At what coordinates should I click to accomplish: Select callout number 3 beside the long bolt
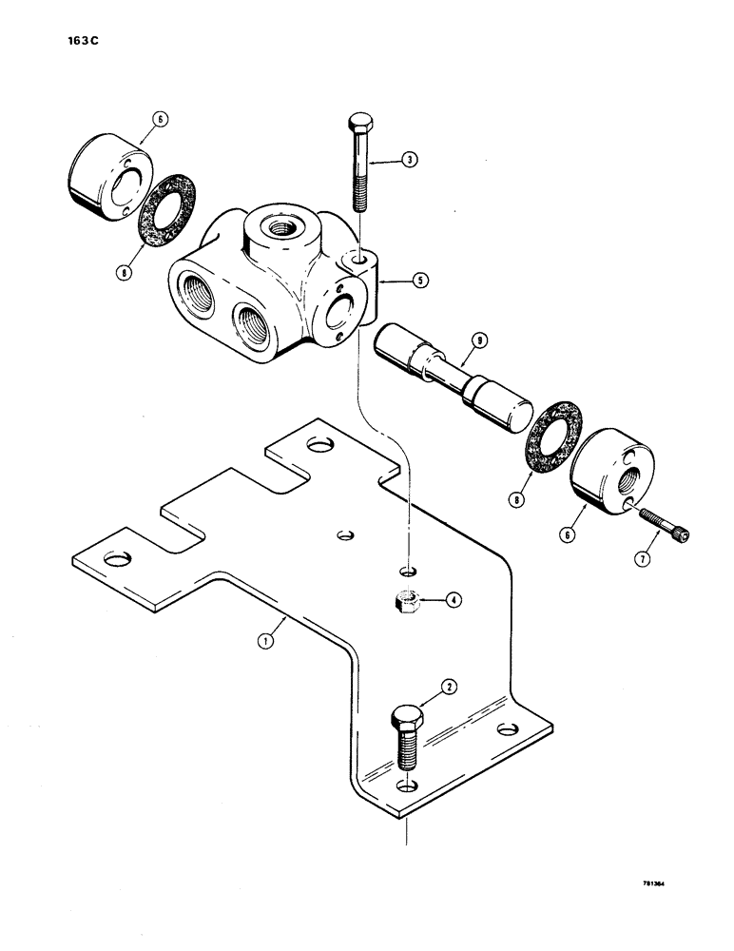click(x=454, y=600)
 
